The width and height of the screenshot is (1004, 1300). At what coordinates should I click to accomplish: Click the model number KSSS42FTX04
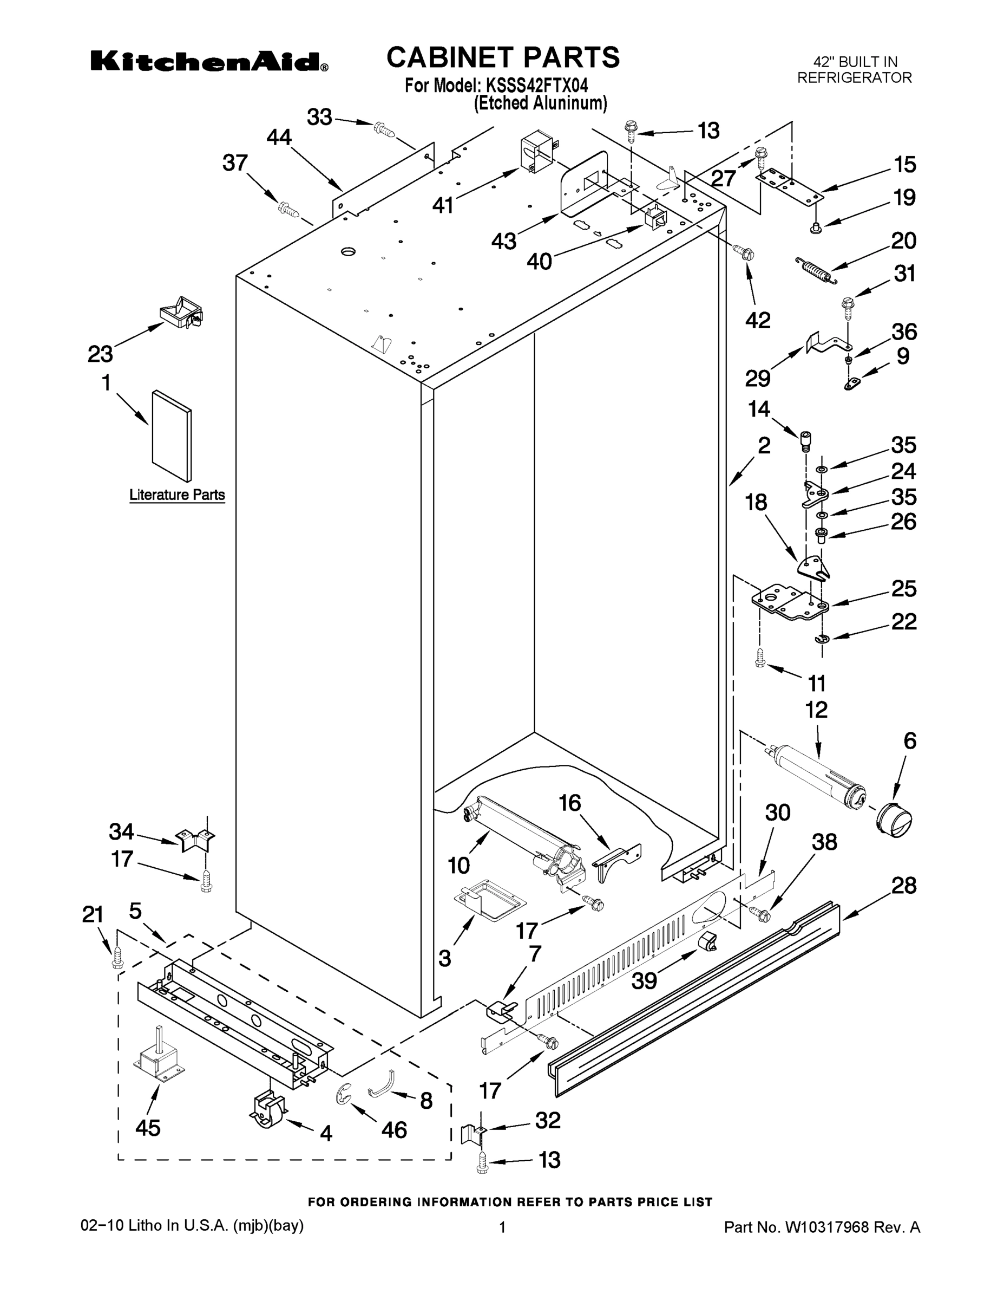(x=537, y=86)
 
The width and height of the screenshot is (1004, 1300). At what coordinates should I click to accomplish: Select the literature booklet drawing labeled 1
(x=172, y=435)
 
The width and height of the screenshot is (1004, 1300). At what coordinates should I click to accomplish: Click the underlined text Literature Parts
(x=177, y=495)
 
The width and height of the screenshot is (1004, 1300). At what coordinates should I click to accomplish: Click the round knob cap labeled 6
(x=894, y=821)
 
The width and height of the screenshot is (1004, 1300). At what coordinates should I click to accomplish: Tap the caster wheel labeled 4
(x=266, y=1109)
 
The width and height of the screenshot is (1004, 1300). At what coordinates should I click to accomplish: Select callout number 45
(x=148, y=1127)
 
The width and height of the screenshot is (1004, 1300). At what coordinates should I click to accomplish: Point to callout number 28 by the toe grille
(x=903, y=885)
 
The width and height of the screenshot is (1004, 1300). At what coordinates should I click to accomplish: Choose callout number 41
(x=443, y=205)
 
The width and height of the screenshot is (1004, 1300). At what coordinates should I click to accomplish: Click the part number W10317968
(x=829, y=1227)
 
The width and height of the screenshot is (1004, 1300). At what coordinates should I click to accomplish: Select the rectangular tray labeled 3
(x=489, y=899)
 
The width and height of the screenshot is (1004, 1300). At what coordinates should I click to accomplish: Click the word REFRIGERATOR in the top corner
(x=854, y=78)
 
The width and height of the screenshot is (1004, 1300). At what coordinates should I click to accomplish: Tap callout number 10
(x=458, y=865)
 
